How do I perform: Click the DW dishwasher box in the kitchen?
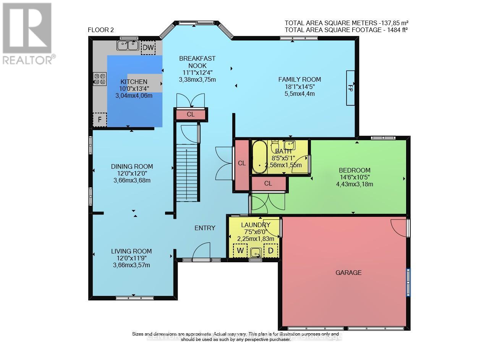[148, 47]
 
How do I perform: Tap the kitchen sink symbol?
[128, 45]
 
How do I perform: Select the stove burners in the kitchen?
[100, 79]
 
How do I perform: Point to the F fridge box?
[100, 119]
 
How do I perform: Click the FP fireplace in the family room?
[350, 87]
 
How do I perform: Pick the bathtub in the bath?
[260, 157]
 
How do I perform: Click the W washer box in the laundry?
[240, 251]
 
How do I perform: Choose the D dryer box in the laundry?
[271, 251]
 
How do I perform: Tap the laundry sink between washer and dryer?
[256, 252]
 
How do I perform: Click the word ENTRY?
[205, 228]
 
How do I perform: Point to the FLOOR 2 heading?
[101, 30]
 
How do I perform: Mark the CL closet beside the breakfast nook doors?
[191, 114]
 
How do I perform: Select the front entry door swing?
[202, 252]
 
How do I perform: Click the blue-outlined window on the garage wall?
[408, 282]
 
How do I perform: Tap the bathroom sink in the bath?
[290, 145]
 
